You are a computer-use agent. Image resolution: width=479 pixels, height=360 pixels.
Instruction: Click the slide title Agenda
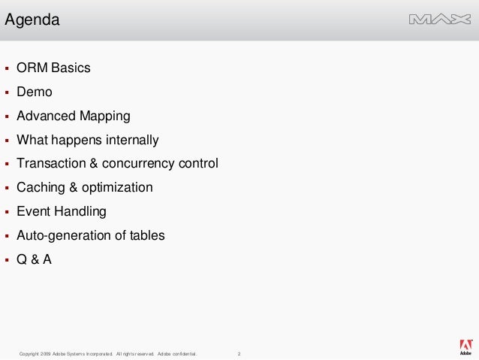click(x=32, y=20)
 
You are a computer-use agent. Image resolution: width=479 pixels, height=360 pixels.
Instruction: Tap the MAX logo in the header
click(x=440, y=20)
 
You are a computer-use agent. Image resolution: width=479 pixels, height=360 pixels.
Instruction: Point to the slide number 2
click(x=239, y=353)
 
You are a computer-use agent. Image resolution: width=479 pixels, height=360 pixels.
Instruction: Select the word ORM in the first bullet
click(x=32, y=68)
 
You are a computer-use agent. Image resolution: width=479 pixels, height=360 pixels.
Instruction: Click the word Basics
click(x=71, y=68)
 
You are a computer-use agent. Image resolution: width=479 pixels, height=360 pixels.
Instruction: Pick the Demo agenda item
click(x=35, y=92)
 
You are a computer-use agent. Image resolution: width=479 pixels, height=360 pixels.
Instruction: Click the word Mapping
click(x=105, y=116)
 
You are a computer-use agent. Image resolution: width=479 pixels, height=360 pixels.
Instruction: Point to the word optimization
click(x=119, y=187)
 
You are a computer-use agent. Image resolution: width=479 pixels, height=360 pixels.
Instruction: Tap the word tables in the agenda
click(x=147, y=235)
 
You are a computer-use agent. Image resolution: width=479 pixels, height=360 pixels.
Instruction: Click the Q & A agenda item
click(x=35, y=259)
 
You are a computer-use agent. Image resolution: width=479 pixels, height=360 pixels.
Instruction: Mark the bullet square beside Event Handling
click(x=7, y=212)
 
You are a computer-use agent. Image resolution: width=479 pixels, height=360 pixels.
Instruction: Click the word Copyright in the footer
click(x=29, y=353)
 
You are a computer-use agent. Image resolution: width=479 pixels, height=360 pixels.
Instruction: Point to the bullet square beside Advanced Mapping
click(x=7, y=116)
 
